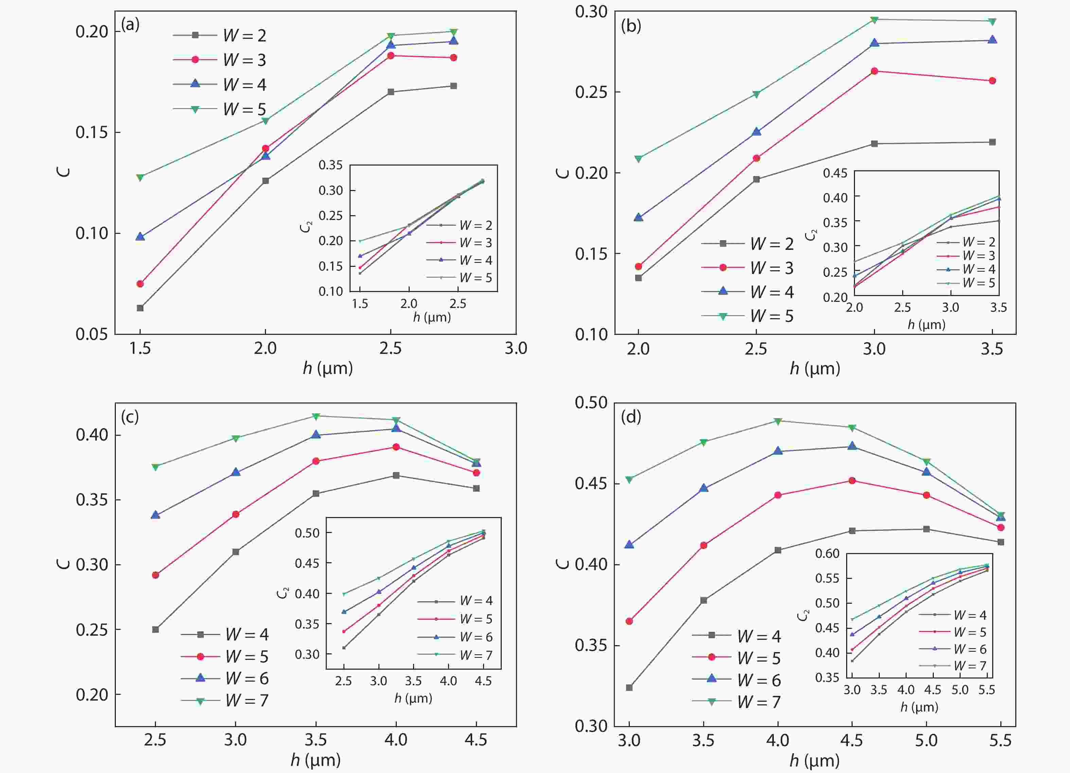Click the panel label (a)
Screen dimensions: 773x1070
point(130,24)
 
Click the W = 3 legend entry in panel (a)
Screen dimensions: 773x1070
point(227,60)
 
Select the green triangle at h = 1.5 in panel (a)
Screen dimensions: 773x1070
point(140,177)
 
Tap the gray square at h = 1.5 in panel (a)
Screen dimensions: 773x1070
point(140,308)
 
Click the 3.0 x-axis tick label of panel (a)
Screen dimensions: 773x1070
point(516,348)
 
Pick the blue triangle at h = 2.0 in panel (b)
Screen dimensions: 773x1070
point(638,218)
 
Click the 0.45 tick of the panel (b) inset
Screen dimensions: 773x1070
point(835,173)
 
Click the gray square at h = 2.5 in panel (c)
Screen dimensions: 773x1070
point(156,630)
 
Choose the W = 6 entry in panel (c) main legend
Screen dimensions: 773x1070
point(225,678)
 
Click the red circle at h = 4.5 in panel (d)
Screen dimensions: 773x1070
point(852,481)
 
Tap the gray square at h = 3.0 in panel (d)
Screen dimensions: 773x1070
point(629,688)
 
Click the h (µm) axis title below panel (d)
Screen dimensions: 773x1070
point(815,760)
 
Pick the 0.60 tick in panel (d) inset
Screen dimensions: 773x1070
point(827,553)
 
